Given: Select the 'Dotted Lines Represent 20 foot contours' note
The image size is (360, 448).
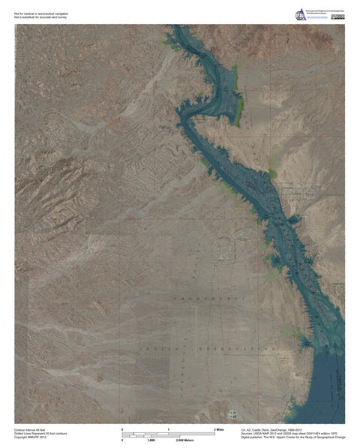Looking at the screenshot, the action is pos(42,432).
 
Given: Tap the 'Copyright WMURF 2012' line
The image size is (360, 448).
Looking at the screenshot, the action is pos(31,437).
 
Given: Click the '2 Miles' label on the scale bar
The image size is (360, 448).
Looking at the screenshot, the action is pos(220,428).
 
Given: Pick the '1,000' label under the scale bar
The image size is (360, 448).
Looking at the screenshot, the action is pos(150,440).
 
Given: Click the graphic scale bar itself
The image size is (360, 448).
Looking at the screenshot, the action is pos(169,434).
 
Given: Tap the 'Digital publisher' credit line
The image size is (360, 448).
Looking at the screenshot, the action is pos(292,437).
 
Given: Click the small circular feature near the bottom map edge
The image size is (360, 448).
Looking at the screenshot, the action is pos(232,413).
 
